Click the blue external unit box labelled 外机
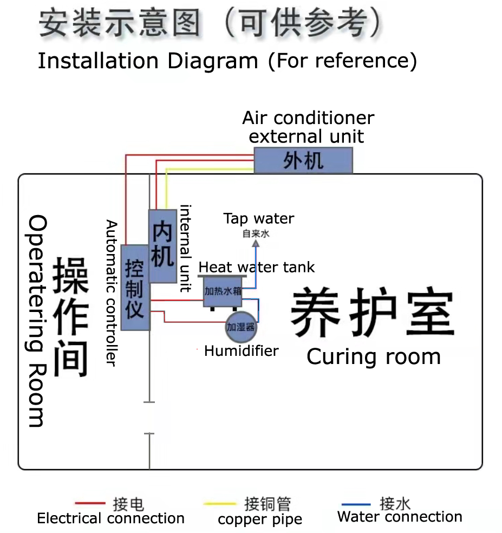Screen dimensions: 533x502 (x=303, y=160)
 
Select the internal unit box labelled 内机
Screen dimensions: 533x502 (x=162, y=246)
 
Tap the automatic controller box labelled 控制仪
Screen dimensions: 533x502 (x=135, y=288)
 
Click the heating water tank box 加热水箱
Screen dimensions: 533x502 (x=223, y=291)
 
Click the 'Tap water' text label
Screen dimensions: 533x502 (x=259, y=219)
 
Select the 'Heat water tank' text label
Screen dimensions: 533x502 (x=256, y=267)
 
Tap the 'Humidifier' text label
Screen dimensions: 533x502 (x=241, y=351)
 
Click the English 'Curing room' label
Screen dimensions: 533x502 (x=373, y=357)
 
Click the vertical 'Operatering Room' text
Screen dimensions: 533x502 (x=37, y=321)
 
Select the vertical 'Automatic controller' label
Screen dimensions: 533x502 (x=111, y=293)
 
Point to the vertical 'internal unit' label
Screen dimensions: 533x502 (x=186, y=248)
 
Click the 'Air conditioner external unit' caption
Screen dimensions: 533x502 (x=308, y=127)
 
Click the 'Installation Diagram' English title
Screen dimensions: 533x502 (x=147, y=61)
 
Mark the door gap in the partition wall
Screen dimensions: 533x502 (x=149, y=418)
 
